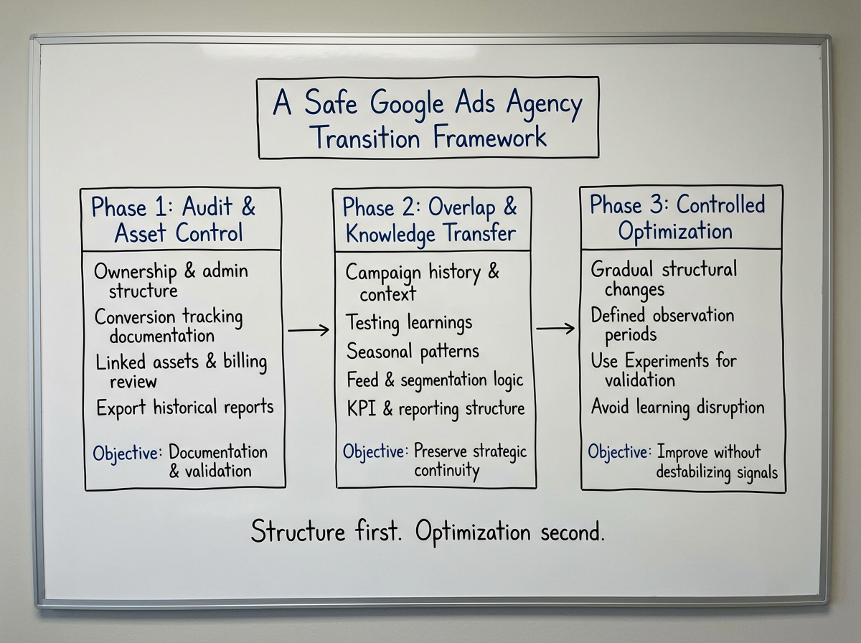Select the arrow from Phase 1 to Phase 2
click(309, 330)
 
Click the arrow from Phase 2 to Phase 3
click(555, 329)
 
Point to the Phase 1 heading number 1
click(160, 208)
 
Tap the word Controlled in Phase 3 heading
click(720, 205)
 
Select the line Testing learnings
click(409, 323)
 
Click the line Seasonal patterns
click(413, 352)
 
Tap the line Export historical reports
click(185, 408)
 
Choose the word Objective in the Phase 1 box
click(127, 454)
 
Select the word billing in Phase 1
click(244, 362)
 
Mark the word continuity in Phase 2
click(446, 471)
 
